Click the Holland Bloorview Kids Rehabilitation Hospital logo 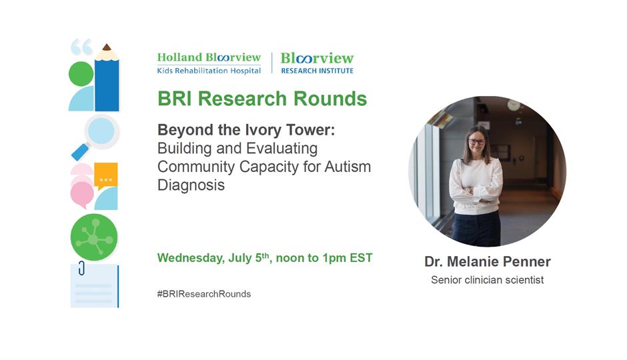pos(209,63)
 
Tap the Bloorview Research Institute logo pos(317,63)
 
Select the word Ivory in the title pos(265,130)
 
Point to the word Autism pos(348,167)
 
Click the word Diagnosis pos(191,185)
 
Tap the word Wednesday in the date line pos(191,258)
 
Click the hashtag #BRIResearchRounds pos(204,294)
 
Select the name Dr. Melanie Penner pos(488,262)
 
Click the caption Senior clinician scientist pos(488,280)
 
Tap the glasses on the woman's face pos(477,141)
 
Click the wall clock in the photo pos(514,105)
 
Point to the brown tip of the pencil pos(106,47)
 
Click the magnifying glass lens pos(101,131)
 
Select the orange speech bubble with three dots pos(106,175)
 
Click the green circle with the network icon pos(94,237)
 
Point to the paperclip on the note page pos(81,268)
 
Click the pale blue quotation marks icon pos(81,47)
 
